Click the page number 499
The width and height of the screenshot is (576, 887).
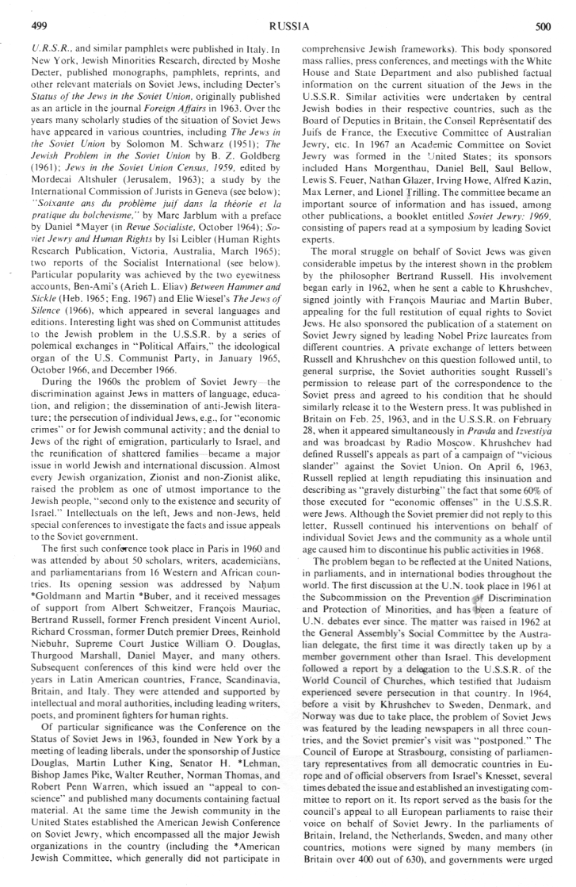[x=37, y=26]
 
